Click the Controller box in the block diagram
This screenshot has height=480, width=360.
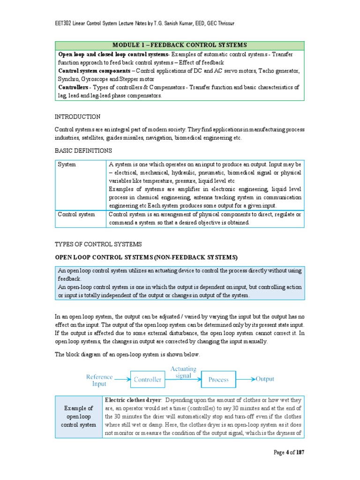pos(148,380)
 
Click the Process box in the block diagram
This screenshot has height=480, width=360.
pos(218,380)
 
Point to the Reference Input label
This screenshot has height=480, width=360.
pos(99,380)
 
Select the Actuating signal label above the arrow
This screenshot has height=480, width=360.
pos(183,372)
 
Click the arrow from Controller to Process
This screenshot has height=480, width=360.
pos(183,380)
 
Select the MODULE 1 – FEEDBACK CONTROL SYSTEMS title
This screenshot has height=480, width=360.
pos(180,45)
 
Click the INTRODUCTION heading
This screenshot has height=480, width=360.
pos(77,117)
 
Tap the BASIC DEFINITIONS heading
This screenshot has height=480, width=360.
pos(83,150)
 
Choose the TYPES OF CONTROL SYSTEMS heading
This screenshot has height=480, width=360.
pos(98,245)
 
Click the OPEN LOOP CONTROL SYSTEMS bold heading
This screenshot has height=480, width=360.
pos(146,257)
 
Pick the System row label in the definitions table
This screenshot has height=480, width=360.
pos(67,165)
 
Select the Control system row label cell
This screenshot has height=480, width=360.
pos(76,214)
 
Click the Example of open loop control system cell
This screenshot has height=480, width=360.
pos(79,417)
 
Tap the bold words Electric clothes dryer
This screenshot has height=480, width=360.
pos(133,400)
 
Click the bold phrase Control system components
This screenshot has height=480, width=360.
pos(92,70)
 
